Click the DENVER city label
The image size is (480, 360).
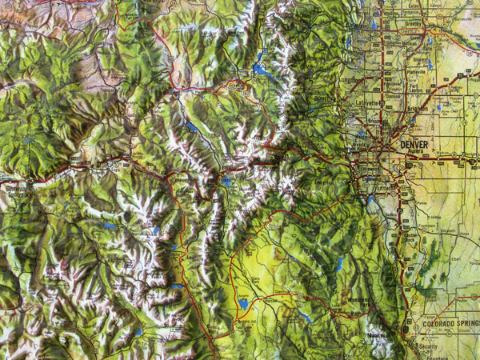[x=414, y=144]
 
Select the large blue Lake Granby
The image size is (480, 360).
[x=259, y=69]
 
